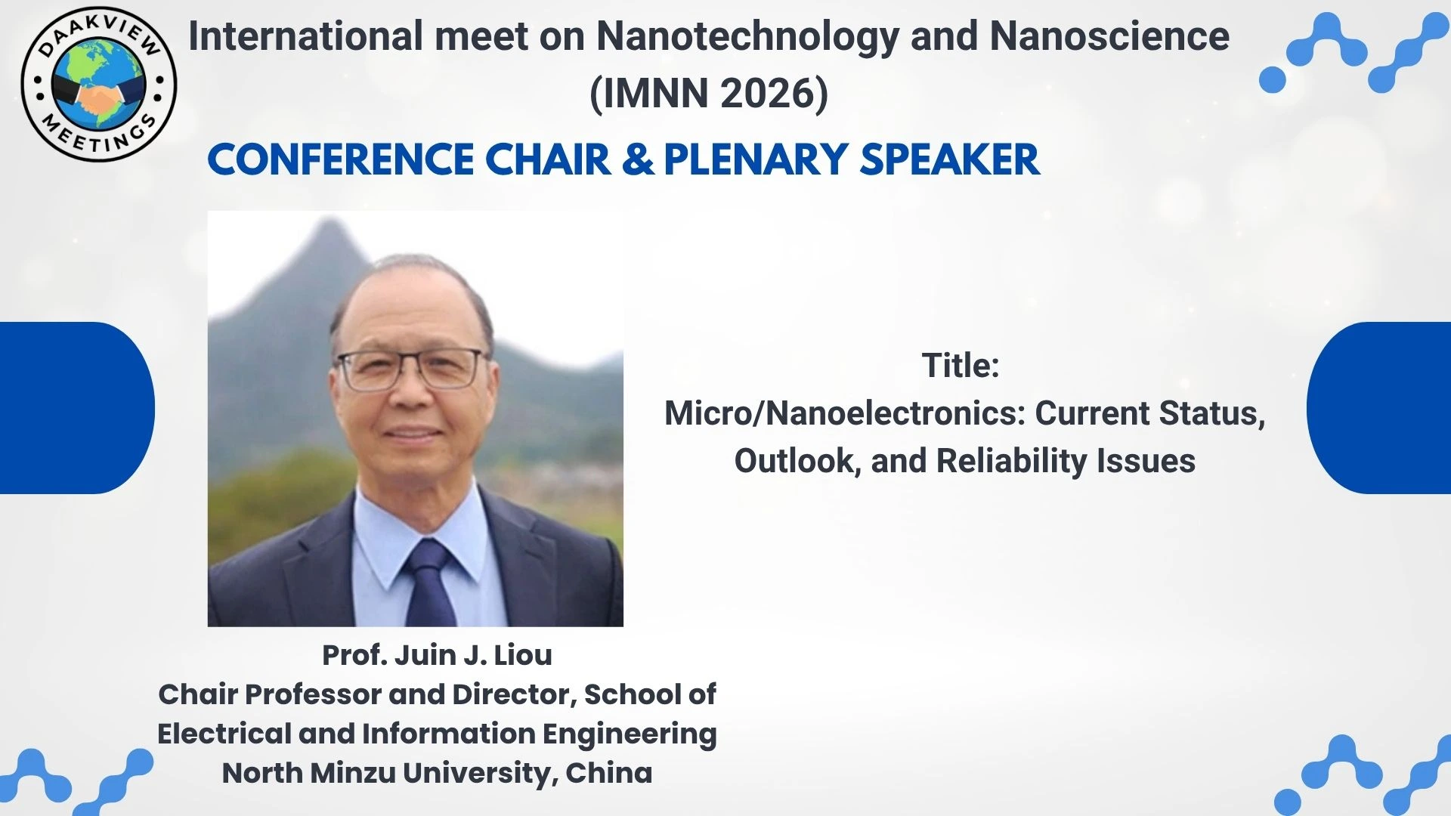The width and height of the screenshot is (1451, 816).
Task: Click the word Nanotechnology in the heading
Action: click(749, 36)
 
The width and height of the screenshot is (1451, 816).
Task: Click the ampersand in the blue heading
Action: click(639, 159)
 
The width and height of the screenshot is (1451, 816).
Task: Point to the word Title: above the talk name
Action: click(961, 366)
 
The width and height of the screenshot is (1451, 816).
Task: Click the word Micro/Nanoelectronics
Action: click(845, 413)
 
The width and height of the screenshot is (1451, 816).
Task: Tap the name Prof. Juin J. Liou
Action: click(437, 655)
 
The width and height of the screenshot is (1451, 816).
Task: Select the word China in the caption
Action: click(609, 773)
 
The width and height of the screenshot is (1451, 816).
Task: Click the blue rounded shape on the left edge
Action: click(76, 408)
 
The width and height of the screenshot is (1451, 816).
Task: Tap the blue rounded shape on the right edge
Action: click(1379, 408)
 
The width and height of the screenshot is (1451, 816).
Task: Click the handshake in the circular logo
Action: click(99, 98)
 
